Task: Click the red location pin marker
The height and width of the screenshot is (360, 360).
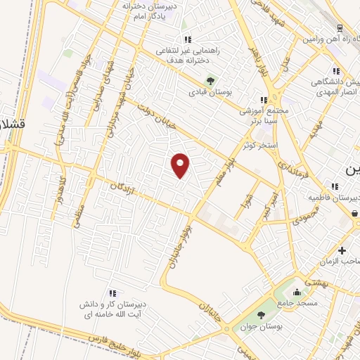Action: coord(181,165)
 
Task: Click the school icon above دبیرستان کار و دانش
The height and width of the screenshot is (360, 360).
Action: coord(112,292)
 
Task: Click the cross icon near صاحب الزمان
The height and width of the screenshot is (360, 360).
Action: coord(342,251)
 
